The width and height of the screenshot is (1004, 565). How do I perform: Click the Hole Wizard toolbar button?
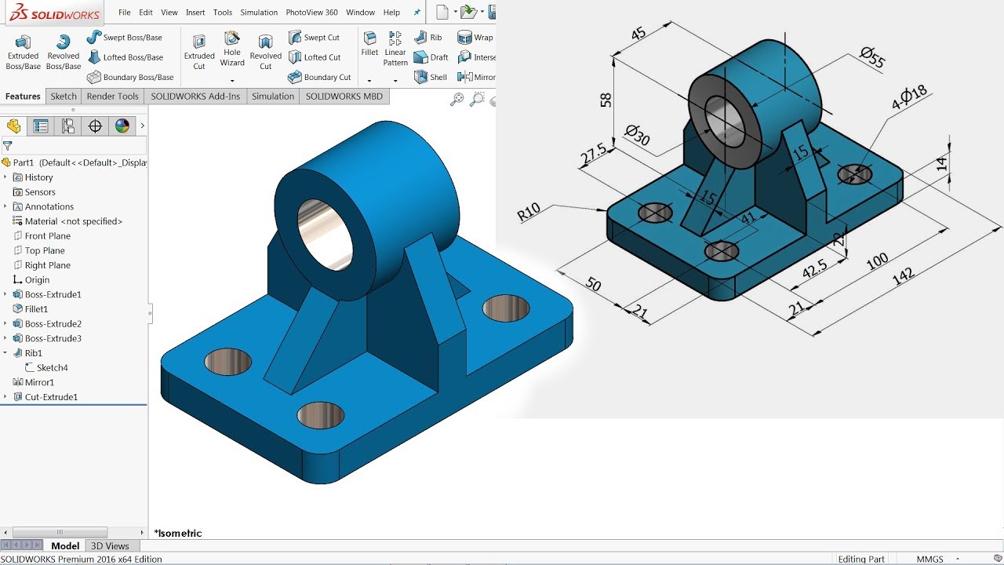click(232, 49)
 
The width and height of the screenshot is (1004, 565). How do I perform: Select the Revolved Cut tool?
click(265, 51)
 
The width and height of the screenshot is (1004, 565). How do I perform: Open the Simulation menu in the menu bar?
click(259, 13)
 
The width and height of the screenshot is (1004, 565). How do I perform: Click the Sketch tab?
click(64, 97)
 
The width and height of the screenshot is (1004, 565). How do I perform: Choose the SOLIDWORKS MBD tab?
click(344, 97)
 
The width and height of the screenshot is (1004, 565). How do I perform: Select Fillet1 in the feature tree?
click(36, 309)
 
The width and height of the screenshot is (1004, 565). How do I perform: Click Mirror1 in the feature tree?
click(39, 382)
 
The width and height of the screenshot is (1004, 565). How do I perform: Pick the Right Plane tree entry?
click(47, 265)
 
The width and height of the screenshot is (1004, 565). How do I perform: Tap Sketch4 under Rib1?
click(52, 368)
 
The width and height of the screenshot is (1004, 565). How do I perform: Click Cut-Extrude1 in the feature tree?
click(51, 397)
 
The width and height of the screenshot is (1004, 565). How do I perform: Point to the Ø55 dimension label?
click(871, 58)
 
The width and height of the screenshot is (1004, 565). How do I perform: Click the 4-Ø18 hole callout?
click(909, 98)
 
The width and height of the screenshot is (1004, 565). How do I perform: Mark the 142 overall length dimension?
click(903, 276)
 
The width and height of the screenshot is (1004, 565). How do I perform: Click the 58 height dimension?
click(606, 100)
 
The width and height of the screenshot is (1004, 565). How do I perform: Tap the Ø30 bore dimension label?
click(637, 135)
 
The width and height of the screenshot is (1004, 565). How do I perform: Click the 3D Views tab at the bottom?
click(110, 546)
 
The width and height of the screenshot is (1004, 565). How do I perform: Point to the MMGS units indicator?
click(930, 560)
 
